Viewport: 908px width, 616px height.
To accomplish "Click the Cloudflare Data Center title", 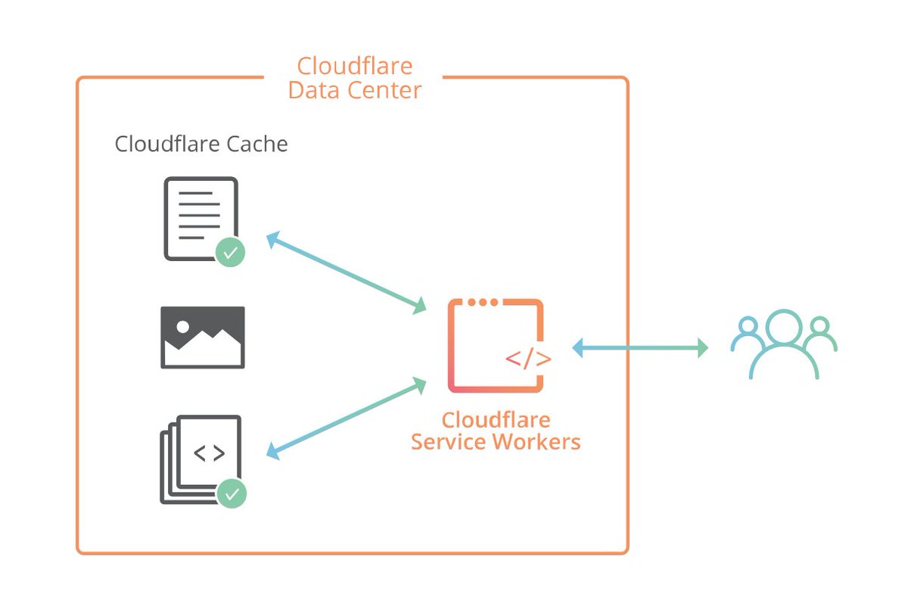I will pos(355,78).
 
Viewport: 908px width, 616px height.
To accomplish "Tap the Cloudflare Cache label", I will pos(201,144).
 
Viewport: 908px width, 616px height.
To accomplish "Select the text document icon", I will pos(201,218).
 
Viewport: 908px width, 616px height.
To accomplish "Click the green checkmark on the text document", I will pos(230,252).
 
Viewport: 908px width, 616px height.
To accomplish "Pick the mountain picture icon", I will pos(203,338).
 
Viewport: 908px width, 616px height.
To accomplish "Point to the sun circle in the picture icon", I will pos(182,327).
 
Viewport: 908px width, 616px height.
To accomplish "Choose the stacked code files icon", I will pos(201,459).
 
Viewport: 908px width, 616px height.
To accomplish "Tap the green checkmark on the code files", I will pos(232,494).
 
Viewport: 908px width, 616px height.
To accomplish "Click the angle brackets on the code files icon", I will pos(209,453).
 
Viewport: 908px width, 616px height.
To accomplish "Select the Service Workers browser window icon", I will pos(496,346).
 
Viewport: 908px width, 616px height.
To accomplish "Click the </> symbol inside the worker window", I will pos(528,359).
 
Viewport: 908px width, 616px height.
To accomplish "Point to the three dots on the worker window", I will pos(482,303).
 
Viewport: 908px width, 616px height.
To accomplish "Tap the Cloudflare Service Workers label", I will pos(496,431).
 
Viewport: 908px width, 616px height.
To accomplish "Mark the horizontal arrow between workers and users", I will pos(640,348).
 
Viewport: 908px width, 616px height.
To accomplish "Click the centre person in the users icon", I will pos(784,344).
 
